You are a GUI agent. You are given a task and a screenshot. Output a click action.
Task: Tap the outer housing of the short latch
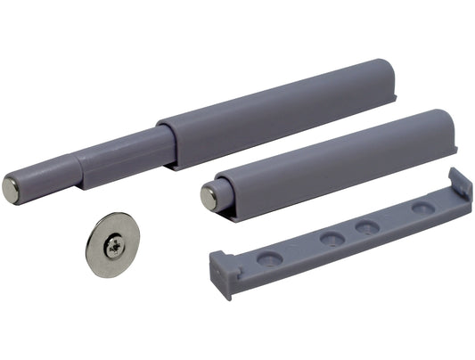pos(339,160)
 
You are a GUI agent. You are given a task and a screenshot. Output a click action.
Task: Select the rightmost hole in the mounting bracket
pos(418,208)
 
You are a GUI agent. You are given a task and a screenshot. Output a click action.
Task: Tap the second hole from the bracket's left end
pos(332,239)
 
